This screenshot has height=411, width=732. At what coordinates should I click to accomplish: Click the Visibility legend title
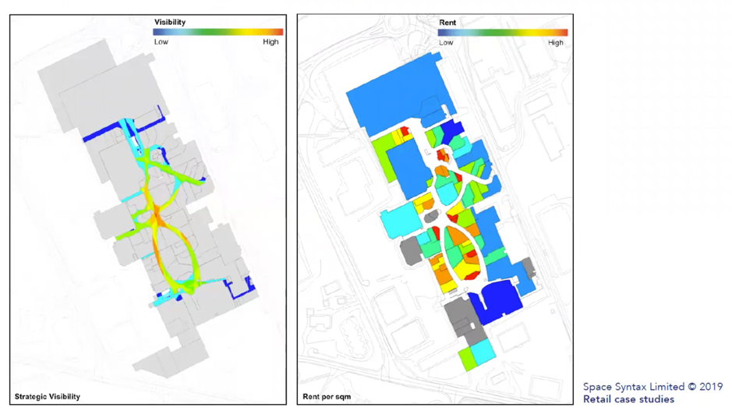click(170, 23)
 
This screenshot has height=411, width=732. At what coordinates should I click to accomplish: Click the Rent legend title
click(447, 23)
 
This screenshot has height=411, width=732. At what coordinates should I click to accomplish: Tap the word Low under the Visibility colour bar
click(161, 42)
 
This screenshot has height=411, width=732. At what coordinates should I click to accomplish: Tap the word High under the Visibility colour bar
click(271, 42)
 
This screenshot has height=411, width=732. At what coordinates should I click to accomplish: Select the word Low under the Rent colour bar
click(446, 43)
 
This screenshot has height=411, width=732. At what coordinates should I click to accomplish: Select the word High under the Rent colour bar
click(556, 43)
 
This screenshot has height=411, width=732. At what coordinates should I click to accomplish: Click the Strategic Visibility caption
click(48, 396)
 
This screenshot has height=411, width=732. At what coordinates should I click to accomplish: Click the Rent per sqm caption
click(327, 397)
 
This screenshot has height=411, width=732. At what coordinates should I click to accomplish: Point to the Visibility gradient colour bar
click(218, 32)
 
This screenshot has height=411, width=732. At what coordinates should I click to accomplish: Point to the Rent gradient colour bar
click(503, 33)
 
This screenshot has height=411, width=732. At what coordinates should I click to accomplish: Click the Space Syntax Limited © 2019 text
click(652, 386)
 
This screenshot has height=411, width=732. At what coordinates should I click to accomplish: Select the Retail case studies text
click(628, 399)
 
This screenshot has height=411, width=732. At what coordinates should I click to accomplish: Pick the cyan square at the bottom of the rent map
click(483, 352)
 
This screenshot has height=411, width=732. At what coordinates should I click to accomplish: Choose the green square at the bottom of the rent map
click(467, 358)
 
